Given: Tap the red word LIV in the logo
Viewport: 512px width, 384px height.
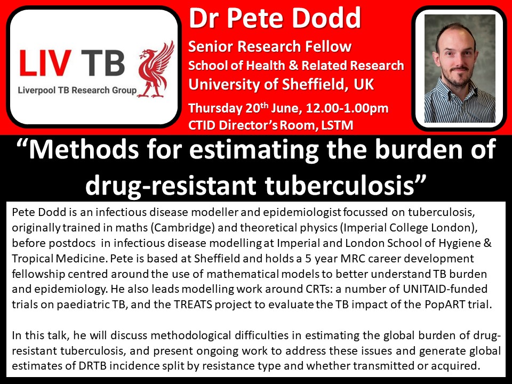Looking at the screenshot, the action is tap(45, 63).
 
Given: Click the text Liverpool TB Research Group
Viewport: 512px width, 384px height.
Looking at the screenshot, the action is tap(77, 90).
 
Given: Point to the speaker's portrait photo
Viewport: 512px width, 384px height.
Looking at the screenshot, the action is tap(460, 69).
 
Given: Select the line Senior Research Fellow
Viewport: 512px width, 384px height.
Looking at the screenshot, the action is tap(270, 46).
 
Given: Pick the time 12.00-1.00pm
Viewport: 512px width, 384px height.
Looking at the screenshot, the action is tap(347, 108).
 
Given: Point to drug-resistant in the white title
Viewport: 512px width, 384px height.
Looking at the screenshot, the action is tap(171, 186).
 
